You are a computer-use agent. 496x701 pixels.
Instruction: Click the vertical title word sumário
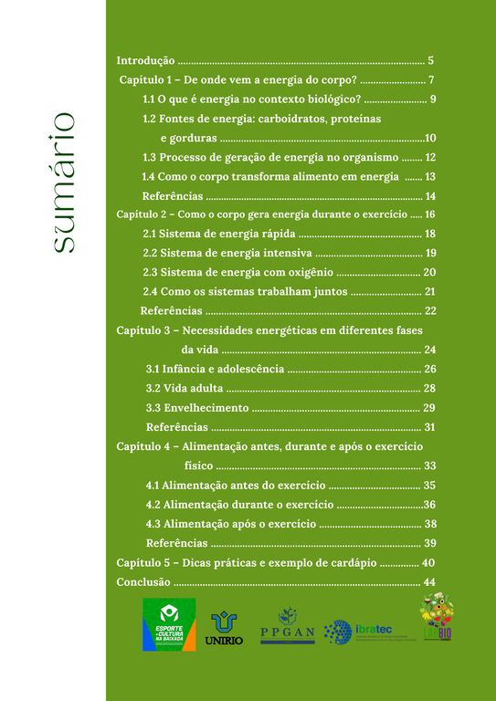63,182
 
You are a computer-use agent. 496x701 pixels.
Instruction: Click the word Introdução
145,60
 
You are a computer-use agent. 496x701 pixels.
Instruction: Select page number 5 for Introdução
430,60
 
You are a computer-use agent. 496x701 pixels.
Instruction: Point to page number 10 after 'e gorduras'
430,138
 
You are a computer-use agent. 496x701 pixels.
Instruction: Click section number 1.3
152,157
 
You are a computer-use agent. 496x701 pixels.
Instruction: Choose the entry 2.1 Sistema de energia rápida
212,234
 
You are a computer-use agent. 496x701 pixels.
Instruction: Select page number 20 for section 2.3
429,272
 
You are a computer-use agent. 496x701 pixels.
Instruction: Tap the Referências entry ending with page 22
172,310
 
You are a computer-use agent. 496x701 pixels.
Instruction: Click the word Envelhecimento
206,407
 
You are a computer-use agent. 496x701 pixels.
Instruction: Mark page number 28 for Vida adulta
429,388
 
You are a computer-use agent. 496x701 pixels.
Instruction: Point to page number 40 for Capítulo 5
428,562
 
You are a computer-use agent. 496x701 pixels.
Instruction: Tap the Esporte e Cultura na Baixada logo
169,624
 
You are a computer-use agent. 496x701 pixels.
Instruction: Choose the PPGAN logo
287,627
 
